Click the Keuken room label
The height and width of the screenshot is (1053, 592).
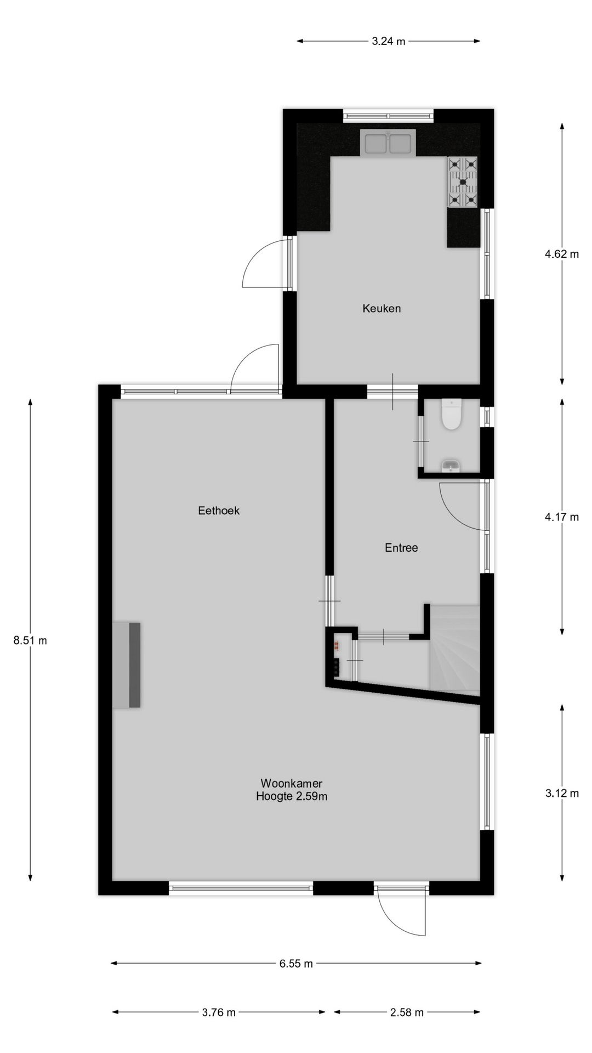click(382, 309)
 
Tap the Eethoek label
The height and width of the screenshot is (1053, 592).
click(219, 511)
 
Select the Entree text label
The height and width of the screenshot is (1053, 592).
click(401, 548)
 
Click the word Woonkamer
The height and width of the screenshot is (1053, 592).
click(291, 783)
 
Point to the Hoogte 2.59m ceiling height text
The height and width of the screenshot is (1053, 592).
click(292, 796)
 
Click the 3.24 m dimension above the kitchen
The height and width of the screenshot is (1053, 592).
click(388, 41)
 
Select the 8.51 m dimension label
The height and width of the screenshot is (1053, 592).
click(30, 640)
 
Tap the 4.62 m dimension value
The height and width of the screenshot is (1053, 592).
click(562, 254)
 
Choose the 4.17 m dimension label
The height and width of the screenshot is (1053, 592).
click(562, 517)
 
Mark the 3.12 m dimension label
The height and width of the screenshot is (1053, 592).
click(562, 793)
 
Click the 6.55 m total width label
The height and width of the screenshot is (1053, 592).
click(296, 964)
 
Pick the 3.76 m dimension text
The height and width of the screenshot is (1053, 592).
click(219, 1012)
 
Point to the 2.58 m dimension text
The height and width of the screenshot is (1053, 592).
click(407, 1012)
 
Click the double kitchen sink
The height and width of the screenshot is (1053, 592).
click(388, 143)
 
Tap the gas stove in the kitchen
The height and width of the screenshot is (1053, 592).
click(463, 182)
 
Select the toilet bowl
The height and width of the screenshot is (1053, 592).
click(451, 415)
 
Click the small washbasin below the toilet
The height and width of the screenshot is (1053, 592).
click(451, 466)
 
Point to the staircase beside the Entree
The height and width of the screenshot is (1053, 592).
click(454, 647)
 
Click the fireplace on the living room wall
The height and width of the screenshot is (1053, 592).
click(127, 665)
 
